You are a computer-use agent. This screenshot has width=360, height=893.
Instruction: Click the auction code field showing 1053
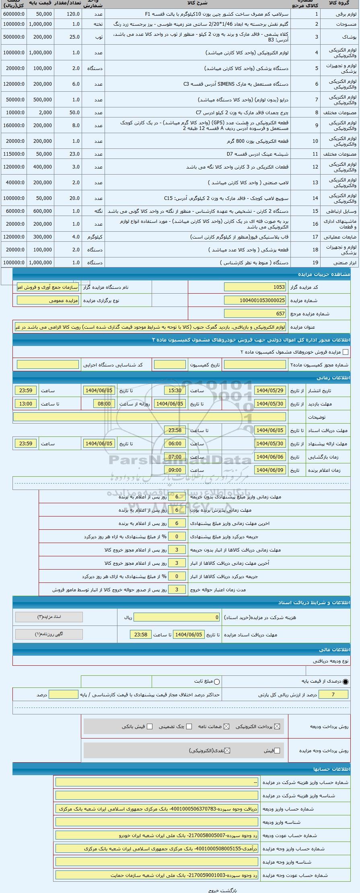click(255, 287)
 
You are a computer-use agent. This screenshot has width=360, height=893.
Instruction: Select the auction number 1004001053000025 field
click(255, 300)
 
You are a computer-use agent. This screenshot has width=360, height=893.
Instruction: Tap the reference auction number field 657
click(255, 313)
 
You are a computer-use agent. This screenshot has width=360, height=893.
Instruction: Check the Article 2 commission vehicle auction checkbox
click(345, 352)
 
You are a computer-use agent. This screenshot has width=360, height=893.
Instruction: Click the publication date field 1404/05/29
click(270, 390)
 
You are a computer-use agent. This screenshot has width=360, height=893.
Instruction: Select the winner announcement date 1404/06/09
click(270, 470)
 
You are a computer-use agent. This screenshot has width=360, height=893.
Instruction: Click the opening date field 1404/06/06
click(270, 457)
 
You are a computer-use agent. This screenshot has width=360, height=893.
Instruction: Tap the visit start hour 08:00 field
click(104, 403)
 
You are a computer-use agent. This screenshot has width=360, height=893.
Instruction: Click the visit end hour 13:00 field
click(26, 403)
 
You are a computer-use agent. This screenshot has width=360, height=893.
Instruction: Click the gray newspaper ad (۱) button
click(49, 634)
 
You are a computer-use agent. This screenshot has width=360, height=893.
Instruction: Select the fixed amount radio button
click(217, 681)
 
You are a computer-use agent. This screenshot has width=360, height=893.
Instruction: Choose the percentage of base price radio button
click(346, 681)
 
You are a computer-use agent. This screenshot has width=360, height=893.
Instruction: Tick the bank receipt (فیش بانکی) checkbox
click(150, 726)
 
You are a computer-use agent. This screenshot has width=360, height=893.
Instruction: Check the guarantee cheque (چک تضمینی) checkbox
click(189, 726)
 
